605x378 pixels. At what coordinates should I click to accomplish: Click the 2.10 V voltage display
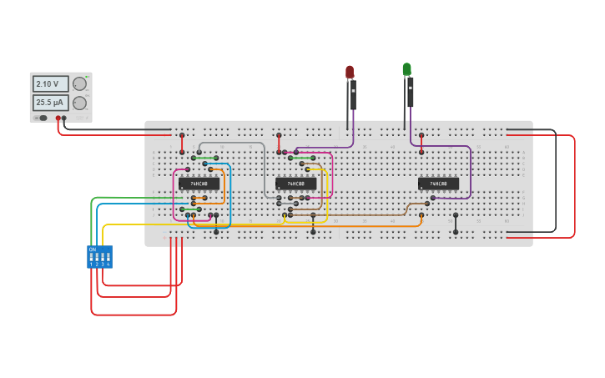click(x=50, y=84)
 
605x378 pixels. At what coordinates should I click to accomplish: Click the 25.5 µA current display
click(x=50, y=103)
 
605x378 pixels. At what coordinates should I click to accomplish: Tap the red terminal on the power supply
click(x=58, y=118)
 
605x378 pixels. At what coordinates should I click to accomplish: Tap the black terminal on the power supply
click(x=64, y=118)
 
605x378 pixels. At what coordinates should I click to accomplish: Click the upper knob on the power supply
click(x=80, y=84)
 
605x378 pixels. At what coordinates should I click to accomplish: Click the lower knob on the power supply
click(x=80, y=103)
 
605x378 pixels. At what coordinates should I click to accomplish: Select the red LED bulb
click(x=350, y=72)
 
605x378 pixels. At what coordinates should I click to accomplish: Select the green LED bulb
click(x=406, y=69)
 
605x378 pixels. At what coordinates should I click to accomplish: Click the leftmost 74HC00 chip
click(x=199, y=184)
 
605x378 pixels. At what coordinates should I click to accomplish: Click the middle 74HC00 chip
click(x=296, y=184)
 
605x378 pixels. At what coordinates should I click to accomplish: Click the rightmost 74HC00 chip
click(x=438, y=184)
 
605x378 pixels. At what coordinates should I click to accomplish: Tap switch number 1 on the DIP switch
click(x=92, y=258)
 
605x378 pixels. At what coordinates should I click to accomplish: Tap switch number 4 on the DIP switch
click(x=108, y=258)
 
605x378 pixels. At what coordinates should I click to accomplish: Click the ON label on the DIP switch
click(x=93, y=249)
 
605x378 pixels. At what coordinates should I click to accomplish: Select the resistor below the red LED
click(x=353, y=95)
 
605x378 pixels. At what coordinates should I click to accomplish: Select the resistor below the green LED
click(x=410, y=93)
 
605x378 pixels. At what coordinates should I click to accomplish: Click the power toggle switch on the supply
click(x=42, y=118)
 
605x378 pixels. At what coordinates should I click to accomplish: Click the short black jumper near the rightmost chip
click(x=455, y=223)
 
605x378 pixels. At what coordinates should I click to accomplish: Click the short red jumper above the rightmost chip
click(x=421, y=143)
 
